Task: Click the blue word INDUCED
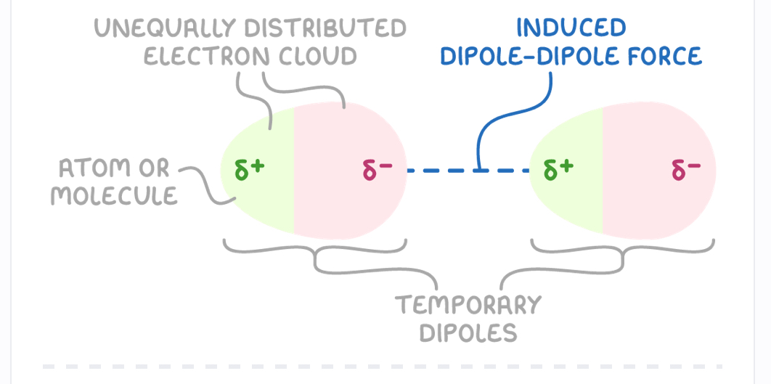[x=571, y=28]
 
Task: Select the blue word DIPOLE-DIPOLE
[x=523, y=56]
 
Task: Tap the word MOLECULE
[x=114, y=195]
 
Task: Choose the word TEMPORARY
[x=468, y=304]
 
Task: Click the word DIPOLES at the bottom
[x=468, y=332]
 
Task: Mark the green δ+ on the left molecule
[x=250, y=170]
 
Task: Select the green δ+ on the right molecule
[x=558, y=170]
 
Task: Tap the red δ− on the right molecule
[x=686, y=170]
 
